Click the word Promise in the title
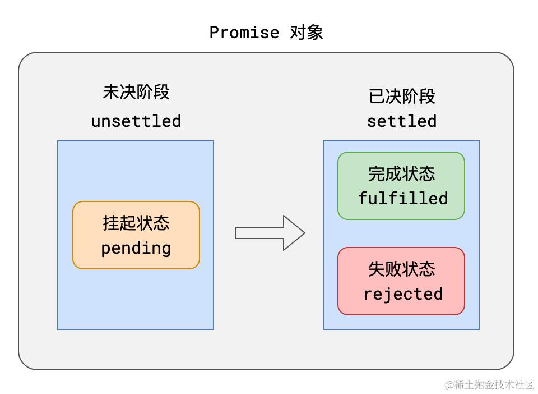[x=244, y=33]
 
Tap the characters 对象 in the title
[x=307, y=33]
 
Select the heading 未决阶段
[x=136, y=92]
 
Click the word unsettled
[x=136, y=121]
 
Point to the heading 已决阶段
[x=402, y=97]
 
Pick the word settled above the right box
[x=402, y=121]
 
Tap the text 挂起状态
[x=136, y=223]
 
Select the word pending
[x=136, y=248]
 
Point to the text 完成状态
[x=401, y=173]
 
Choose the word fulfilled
[x=403, y=199]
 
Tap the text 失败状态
[x=401, y=269]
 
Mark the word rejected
[x=403, y=294]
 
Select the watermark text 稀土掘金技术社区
[x=494, y=384]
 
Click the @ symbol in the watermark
[x=449, y=385]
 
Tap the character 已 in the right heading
[x=377, y=97]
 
